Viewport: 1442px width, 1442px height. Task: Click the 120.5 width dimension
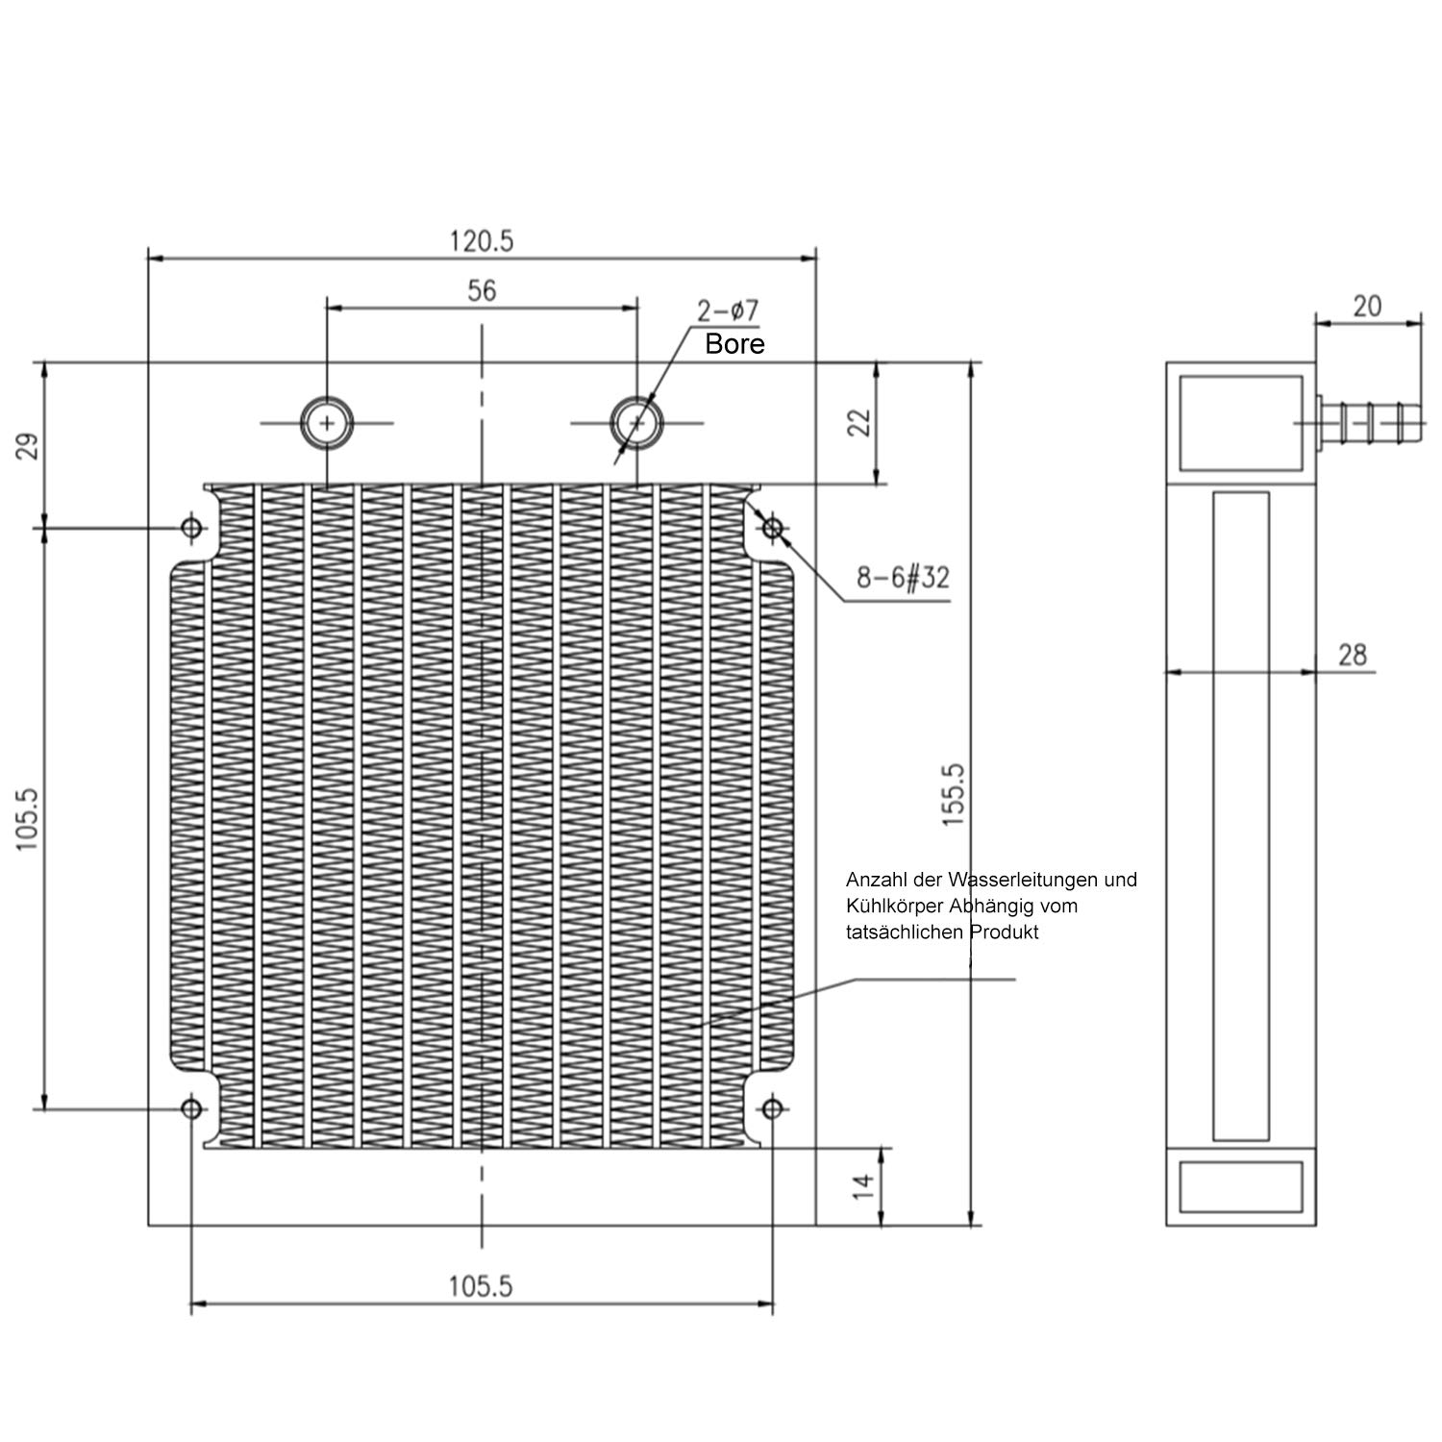pyautogui.click(x=482, y=240)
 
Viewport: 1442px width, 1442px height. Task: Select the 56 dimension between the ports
pyautogui.click(x=482, y=290)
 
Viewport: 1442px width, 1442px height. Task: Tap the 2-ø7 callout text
pyautogui.click(x=729, y=311)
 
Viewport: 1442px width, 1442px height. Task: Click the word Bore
pyautogui.click(x=734, y=344)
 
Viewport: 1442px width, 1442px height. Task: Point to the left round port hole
pyautogui.click(x=327, y=422)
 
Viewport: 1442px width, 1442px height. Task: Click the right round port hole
pyautogui.click(x=636, y=422)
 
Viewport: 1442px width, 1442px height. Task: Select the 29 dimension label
pyautogui.click(x=28, y=446)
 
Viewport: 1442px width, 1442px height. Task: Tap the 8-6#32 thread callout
pyautogui.click(x=903, y=578)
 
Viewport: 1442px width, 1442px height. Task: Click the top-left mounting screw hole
pyautogui.click(x=192, y=528)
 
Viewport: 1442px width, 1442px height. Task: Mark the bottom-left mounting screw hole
pyautogui.click(x=192, y=1109)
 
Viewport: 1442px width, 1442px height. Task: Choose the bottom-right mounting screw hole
pyautogui.click(x=772, y=1109)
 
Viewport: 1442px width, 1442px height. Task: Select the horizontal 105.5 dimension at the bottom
pyautogui.click(x=482, y=1286)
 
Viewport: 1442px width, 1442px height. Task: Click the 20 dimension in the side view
pyautogui.click(x=1367, y=306)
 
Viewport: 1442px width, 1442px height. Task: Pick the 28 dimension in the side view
pyautogui.click(x=1352, y=655)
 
